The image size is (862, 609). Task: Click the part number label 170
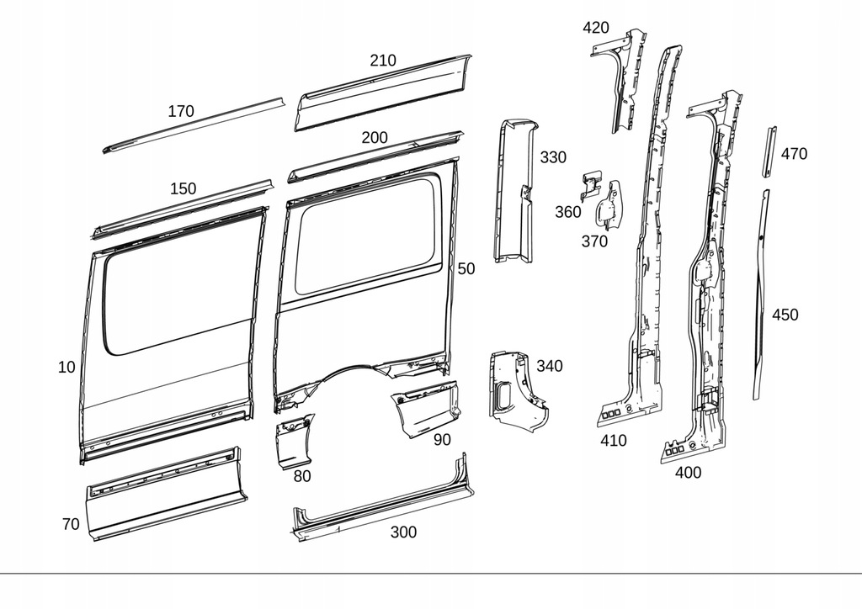180,111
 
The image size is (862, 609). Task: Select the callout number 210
382,61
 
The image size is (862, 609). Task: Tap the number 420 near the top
596,28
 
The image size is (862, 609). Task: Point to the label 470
794,154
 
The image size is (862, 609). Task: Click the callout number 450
785,315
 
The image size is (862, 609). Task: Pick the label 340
550,366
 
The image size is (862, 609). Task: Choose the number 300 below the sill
403,532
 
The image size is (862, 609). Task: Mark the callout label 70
71,524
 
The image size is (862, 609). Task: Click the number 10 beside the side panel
67,367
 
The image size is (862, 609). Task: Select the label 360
568,212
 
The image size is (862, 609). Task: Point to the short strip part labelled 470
769,151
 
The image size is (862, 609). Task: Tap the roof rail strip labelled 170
194,124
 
